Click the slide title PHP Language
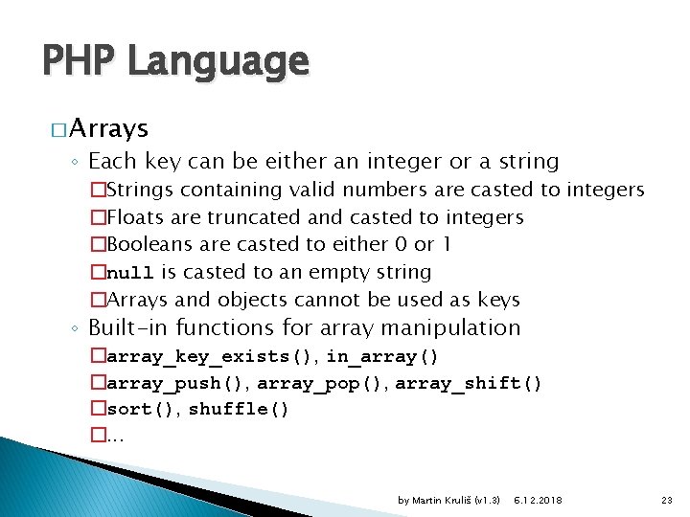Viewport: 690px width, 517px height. pyautogui.click(x=175, y=62)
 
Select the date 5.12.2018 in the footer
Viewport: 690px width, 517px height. pyautogui.click(x=539, y=501)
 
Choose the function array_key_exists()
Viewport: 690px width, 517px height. pyautogui.click(x=211, y=357)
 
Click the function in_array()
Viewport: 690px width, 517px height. pyautogui.click(x=382, y=357)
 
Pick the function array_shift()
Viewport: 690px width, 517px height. pyautogui.click(x=469, y=384)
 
